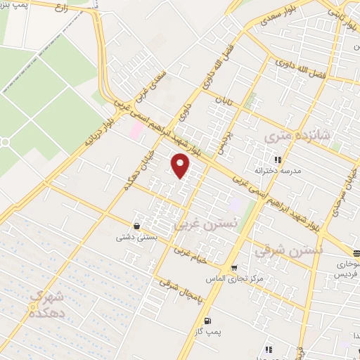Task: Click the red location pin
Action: point(181,165)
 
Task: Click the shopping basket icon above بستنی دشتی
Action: point(136,226)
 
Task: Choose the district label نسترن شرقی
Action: point(289,250)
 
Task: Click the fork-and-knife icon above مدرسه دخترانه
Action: point(278,160)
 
